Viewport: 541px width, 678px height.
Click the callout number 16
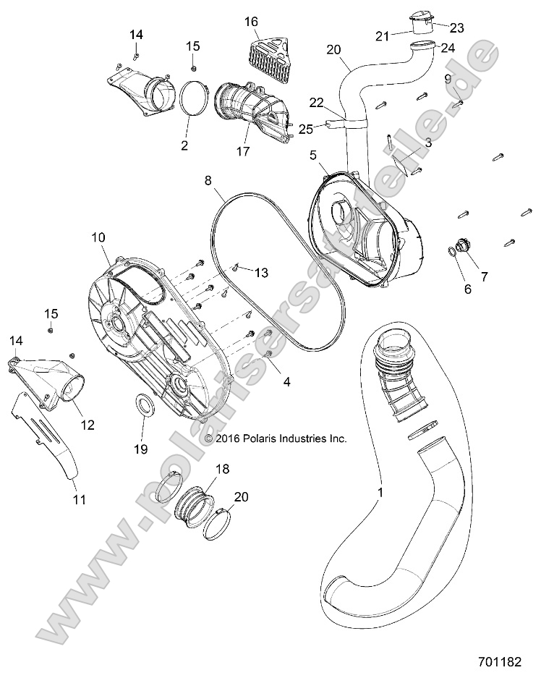251,22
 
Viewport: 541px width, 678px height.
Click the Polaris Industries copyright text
276,438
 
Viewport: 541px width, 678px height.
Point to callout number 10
98,237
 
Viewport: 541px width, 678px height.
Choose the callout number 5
313,154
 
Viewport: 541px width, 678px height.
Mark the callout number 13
260,273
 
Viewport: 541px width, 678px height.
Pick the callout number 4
286,380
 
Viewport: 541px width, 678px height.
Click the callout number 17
242,152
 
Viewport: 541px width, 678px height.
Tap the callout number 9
448,78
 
